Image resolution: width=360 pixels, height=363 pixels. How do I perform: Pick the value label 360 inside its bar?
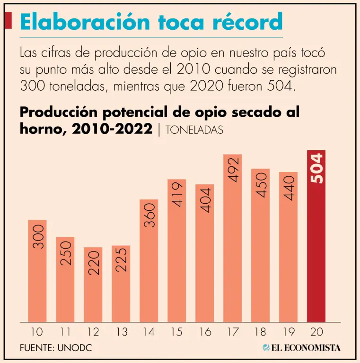149,216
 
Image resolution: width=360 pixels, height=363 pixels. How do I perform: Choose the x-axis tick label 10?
37,332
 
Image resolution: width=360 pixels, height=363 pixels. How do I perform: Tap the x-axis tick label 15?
177,332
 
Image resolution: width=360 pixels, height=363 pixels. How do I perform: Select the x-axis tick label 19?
289,332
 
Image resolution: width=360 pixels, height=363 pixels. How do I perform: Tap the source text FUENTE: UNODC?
56,348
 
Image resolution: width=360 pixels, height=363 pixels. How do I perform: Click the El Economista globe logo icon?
266,347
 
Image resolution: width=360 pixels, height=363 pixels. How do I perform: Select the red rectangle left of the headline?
8,21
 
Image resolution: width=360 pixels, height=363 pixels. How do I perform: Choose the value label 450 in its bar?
261,185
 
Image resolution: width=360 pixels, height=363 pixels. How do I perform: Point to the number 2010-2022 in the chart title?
112,129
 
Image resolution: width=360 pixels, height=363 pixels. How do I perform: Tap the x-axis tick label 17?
233,332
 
